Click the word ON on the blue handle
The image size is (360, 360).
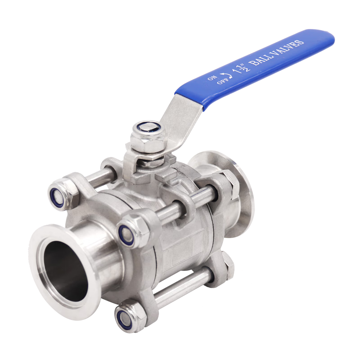(x=212, y=78)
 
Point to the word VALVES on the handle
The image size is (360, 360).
(x=288, y=49)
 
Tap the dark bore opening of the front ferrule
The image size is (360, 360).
(x=66, y=271)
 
